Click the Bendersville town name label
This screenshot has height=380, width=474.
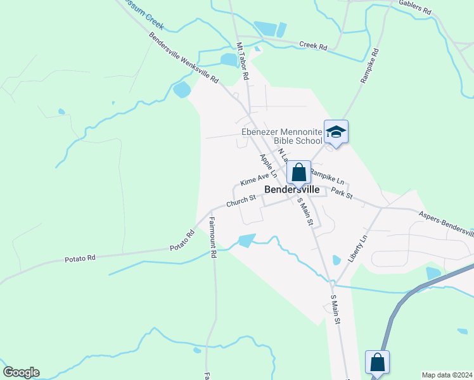click(291, 189)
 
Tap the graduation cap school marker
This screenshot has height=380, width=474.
click(336, 132)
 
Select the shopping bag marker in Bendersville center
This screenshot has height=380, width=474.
click(298, 172)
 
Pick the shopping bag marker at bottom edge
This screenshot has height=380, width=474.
click(377, 363)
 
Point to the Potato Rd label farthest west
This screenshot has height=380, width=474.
click(80, 258)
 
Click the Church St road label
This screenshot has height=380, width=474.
click(241, 201)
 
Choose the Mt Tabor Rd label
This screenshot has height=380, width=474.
click(242, 61)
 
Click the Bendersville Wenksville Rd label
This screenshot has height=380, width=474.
click(184, 58)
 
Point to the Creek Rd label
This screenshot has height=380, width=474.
click(313, 46)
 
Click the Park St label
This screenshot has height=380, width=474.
click(342, 193)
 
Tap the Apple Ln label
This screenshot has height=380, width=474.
click(268, 165)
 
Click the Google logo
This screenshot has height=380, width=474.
click(21, 372)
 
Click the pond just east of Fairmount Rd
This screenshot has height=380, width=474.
click(245, 241)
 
